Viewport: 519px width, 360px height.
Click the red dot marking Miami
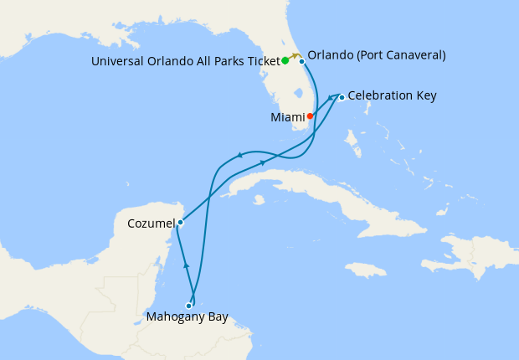click(311, 116)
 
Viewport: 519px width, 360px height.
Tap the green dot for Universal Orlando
click(285, 60)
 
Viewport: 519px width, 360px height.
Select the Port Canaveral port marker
click(301, 61)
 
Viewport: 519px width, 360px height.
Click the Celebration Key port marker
click(342, 97)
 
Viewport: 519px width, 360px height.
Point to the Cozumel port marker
click(180, 223)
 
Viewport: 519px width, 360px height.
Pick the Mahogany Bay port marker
click(188, 306)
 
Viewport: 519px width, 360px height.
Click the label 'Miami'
click(287, 117)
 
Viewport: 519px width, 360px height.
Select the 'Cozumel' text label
click(151, 224)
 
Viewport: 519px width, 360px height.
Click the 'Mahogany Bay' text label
click(187, 318)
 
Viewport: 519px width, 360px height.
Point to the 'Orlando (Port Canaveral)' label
click(377, 55)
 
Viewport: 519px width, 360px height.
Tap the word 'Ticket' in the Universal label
click(259, 60)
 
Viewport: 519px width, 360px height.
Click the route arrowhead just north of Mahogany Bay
click(186, 265)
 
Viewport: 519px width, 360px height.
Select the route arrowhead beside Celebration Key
click(331, 98)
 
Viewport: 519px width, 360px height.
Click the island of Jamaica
click(363, 270)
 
